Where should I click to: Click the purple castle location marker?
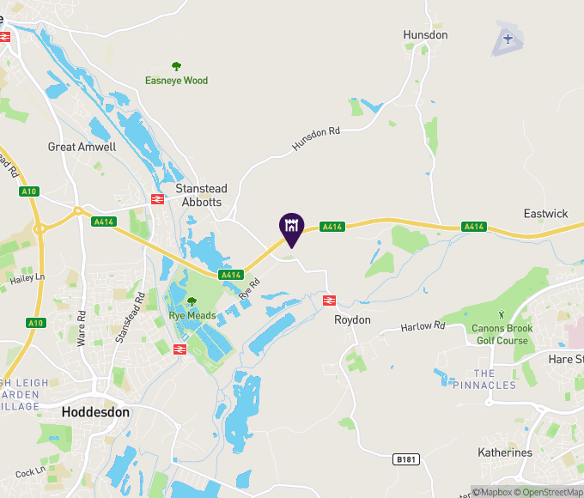[x=290, y=227]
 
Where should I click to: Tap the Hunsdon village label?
[x=425, y=35]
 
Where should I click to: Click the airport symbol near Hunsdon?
[x=508, y=39]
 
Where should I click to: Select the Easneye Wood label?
[x=176, y=81]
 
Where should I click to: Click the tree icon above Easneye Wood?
[x=176, y=66]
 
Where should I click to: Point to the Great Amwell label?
[x=82, y=147]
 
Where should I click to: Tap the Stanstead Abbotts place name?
[x=198, y=195]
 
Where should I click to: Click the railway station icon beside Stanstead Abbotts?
[x=157, y=199]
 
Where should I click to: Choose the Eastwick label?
[x=545, y=213]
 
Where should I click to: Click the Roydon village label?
[x=352, y=320]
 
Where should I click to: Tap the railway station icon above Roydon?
[x=328, y=300]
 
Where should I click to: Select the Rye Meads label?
[x=192, y=316]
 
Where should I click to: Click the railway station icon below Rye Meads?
[x=180, y=349]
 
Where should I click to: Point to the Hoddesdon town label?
[x=95, y=412]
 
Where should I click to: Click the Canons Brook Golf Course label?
[x=502, y=334]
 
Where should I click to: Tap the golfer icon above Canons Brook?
[x=502, y=315]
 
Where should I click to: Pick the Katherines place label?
[x=505, y=452]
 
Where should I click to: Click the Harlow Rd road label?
[x=424, y=326]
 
